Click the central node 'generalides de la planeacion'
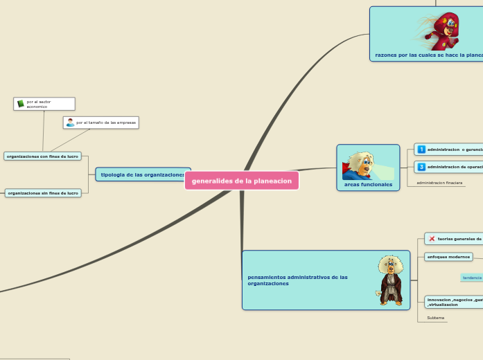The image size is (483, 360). [x=242, y=181]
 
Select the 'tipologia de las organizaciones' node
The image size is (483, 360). [x=143, y=174]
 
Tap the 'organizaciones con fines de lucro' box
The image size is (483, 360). [x=42, y=156]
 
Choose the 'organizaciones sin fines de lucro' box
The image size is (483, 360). [x=43, y=193]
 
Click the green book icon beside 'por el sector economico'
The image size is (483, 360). [x=21, y=103]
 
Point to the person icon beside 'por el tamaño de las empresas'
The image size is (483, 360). [x=70, y=123]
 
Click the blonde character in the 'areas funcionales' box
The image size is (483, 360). [x=359, y=165]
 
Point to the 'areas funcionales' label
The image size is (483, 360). [x=368, y=185]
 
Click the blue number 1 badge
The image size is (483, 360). [x=421, y=150]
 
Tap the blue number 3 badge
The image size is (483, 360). [x=421, y=167]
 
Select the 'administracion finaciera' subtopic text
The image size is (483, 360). [x=439, y=183]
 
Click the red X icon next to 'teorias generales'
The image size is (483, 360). [x=432, y=239]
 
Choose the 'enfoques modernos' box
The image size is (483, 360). [x=448, y=257]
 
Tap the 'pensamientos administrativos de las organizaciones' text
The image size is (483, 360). [x=297, y=280]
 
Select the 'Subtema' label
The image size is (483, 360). [x=436, y=318]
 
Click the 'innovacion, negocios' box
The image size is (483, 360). [x=454, y=302]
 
